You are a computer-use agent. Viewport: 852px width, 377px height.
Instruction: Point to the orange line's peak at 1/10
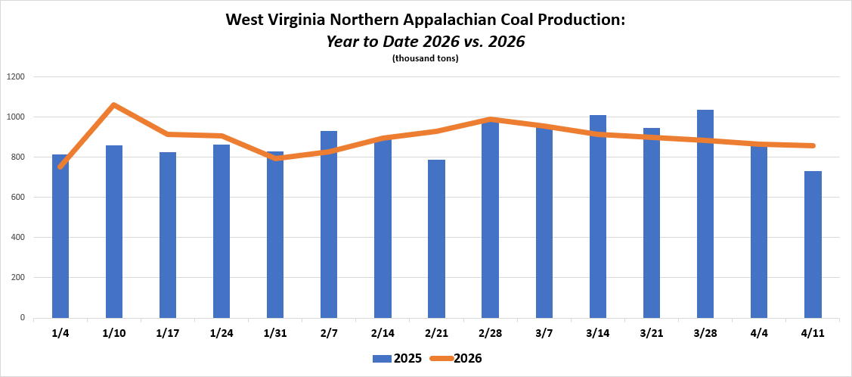click(114, 105)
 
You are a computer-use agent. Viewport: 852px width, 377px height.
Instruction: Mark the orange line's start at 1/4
click(60, 166)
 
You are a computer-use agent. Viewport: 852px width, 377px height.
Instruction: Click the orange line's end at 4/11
click(813, 145)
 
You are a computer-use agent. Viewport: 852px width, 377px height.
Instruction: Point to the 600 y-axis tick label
click(18, 198)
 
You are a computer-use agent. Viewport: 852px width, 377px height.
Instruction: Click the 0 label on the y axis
click(23, 318)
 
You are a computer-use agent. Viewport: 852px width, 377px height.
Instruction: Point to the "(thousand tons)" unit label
click(426, 58)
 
